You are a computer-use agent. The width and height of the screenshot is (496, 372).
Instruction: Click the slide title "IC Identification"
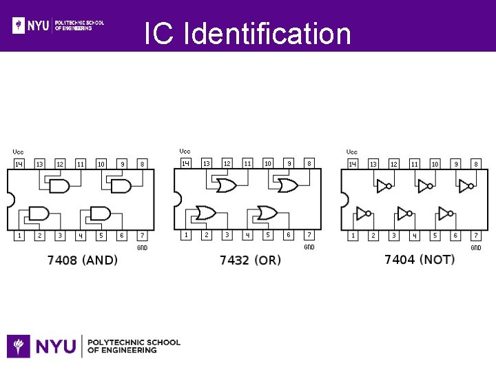pos(248,34)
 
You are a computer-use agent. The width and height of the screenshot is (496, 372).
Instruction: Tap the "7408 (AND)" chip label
pos(83,260)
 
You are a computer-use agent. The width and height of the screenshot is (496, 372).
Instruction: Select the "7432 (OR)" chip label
pos(250,260)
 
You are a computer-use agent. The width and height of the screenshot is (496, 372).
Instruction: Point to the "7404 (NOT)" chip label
pos(420,260)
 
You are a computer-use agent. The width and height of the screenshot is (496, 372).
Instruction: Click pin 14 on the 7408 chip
pos(19,164)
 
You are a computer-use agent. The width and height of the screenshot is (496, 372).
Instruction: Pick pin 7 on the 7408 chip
pos(142,236)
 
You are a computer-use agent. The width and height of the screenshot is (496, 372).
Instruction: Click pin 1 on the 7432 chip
pos(186,235)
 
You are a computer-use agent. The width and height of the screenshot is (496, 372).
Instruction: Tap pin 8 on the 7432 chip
pos(309,163)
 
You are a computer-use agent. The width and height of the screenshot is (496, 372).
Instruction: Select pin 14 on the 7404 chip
pos(353,164)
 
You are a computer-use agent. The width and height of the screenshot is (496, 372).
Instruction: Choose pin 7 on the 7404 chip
pos(475,236)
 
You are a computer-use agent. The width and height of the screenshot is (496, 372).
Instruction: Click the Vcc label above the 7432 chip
pos(185,151)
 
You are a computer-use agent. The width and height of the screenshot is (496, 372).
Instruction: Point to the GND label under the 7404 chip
pos(476,247)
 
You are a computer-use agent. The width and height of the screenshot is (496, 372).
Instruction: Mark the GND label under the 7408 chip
pos(142,247)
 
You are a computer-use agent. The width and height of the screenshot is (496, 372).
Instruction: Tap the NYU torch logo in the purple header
pos(19,25)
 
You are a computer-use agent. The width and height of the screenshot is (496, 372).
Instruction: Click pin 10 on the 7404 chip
pos(435,164)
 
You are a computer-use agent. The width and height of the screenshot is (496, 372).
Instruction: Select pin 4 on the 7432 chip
pos(247,235)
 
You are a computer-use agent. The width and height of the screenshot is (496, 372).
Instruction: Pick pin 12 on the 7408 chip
pos(60,164)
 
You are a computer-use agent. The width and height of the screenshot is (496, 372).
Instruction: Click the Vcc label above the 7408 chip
pos(19,152)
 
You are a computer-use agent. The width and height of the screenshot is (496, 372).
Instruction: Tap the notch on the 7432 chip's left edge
pos(177,199)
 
